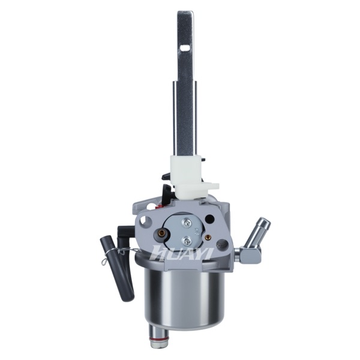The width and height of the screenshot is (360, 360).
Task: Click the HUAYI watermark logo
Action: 182,252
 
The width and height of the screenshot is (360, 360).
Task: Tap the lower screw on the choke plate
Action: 187,241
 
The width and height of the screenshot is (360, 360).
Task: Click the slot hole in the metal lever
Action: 185,47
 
